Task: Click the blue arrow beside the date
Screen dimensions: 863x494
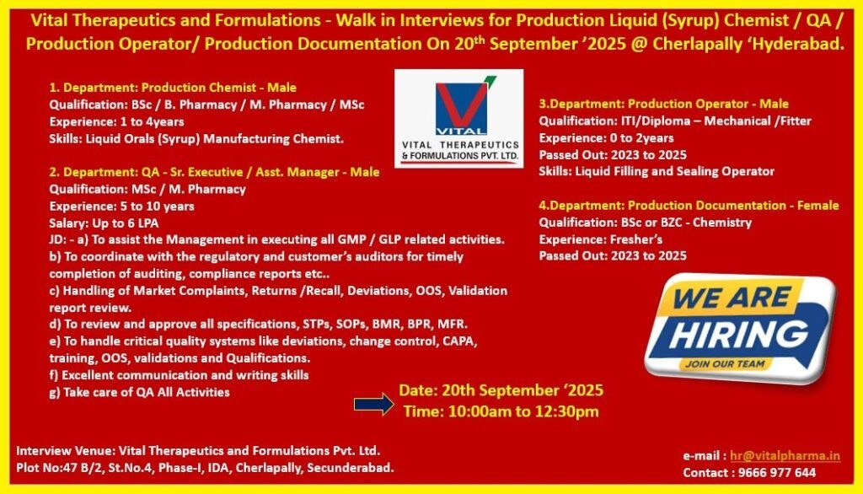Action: [x=373, y=405]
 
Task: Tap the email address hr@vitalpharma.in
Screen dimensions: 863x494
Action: [x=785, y=456]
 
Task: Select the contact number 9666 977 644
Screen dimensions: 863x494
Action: [x=776, y=473]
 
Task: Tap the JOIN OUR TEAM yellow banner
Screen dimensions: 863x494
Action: [x=725, y=364]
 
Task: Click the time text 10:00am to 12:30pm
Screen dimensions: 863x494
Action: [x=501, y=411]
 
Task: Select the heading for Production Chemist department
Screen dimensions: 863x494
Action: [x=173, y=88]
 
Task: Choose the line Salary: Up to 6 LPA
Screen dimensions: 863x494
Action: [x=104, y=223]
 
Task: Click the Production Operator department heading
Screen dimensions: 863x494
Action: [x=664, y=104]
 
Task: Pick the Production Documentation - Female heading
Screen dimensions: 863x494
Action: [x=689, y=206]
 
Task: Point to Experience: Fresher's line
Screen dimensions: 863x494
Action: [x=600, y=239]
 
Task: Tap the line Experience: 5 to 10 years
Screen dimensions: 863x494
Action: [x=121, y=207]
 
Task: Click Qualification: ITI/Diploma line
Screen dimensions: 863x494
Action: [x=675, y=121]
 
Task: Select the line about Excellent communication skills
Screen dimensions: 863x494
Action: [x=179, y=376]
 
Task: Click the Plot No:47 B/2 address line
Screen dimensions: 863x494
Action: [x=206, y=468]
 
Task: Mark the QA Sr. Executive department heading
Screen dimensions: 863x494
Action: [x=214, y=172]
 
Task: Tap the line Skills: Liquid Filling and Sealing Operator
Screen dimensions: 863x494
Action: [x=657, y=171]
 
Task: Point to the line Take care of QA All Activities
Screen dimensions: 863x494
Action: [x=139, y=393]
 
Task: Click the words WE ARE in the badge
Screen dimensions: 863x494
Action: [x=731, y=298]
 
